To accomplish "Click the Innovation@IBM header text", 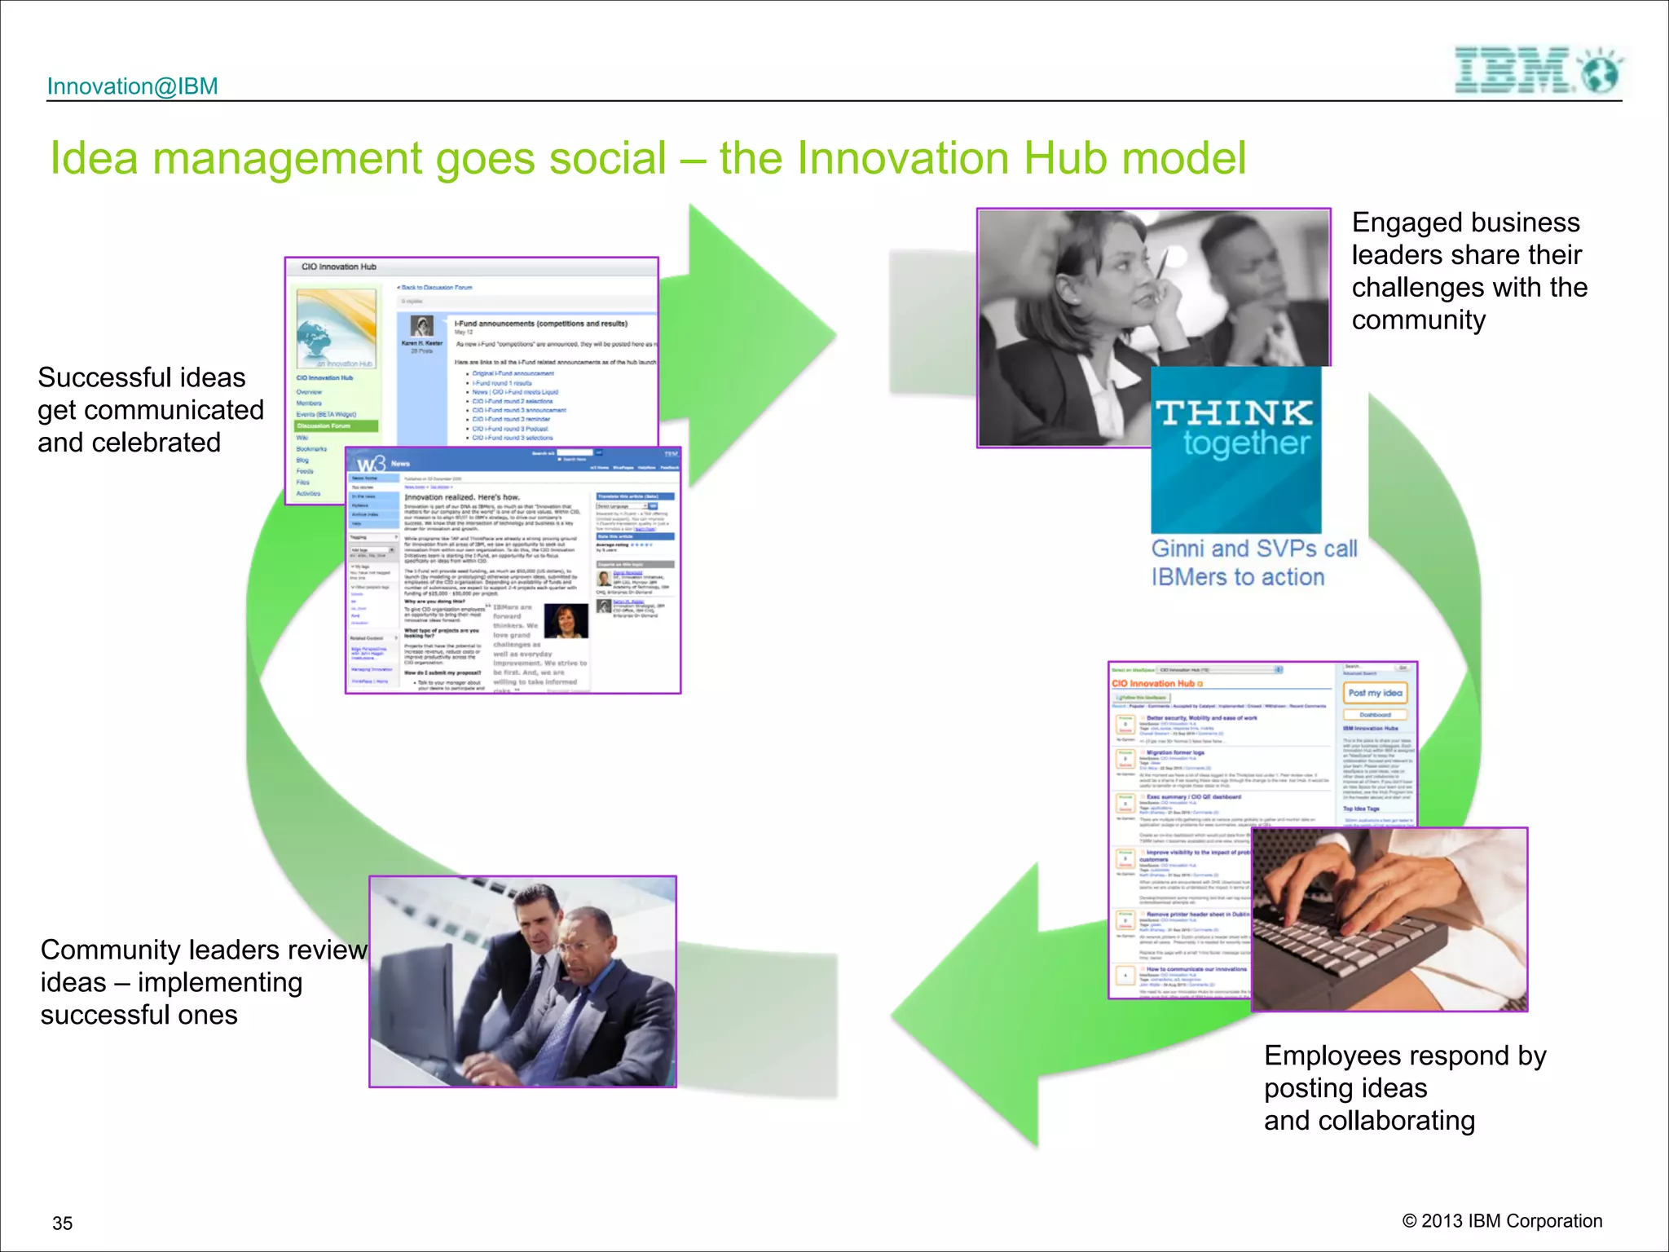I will (133, 86).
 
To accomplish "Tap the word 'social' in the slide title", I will (607, 158).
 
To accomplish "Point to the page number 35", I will (62, 1223).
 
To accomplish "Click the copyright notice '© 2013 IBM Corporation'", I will (1501, 1221).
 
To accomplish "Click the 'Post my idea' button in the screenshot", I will (1375, 693).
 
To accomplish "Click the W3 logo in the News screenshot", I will (371, 464).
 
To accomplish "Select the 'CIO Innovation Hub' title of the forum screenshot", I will (338, 267).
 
